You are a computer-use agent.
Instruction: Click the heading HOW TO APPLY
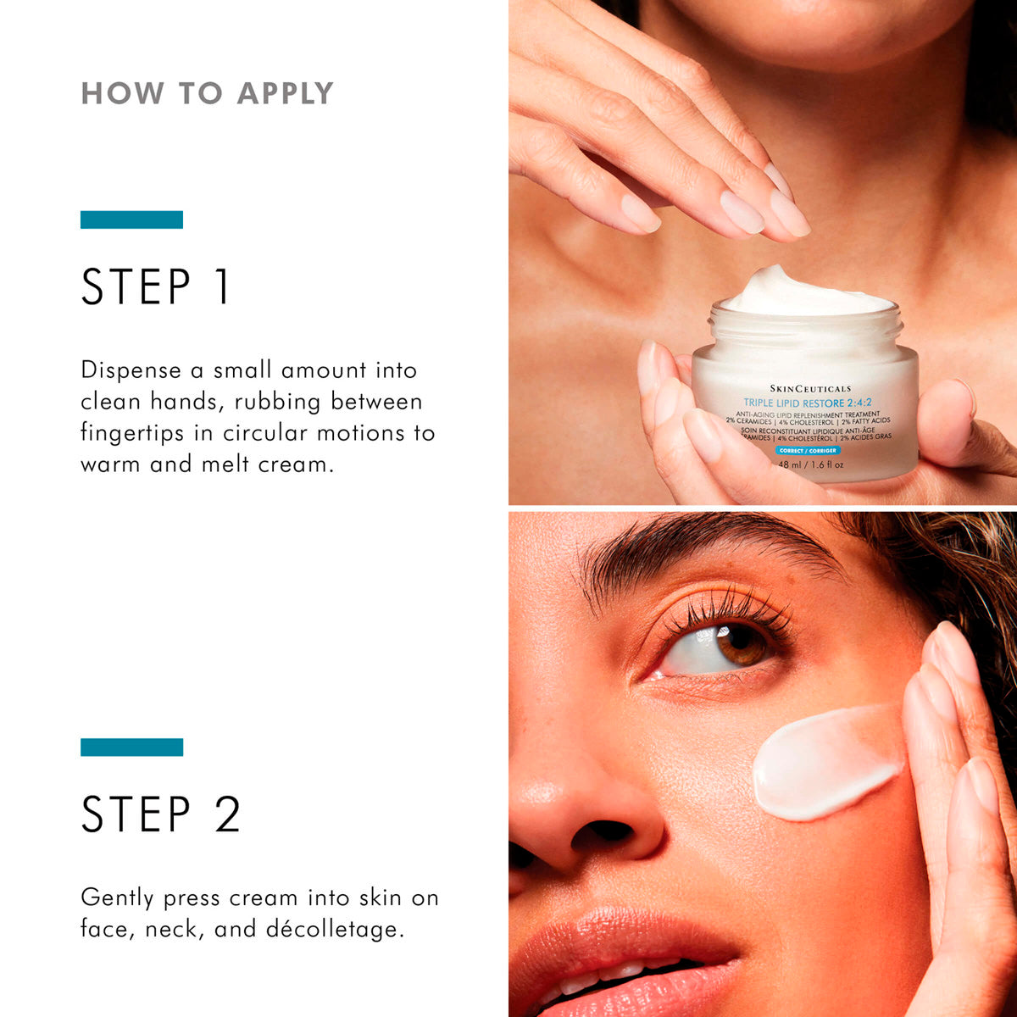[207, 93]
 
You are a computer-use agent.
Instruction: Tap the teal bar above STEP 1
[131, 220]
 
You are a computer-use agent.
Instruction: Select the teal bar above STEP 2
[131, 747]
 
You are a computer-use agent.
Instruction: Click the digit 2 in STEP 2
[226, 814]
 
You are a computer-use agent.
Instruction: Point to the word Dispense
[131, 370]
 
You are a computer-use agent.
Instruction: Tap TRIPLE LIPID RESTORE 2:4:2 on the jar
[808, 402]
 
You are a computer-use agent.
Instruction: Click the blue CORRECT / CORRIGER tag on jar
[807, 451]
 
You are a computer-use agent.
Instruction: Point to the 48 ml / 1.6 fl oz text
[810, 464]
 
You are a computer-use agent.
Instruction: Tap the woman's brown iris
[740, 645]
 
